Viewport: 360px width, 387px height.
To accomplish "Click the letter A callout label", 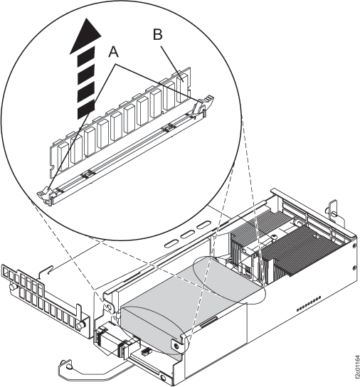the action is click(114, 52).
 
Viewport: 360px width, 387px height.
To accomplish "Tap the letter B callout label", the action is click(158, 34).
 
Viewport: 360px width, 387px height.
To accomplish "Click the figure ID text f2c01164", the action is click(357, 369).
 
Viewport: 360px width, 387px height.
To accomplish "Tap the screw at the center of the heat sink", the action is click(274, 237).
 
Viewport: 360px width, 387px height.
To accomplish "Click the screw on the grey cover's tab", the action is click(176, 346).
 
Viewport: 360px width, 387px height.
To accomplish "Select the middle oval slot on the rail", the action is click(188, 234).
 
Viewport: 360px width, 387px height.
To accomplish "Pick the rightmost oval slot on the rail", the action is click(204, 225).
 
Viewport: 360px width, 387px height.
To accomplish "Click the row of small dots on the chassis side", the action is click(309, 303).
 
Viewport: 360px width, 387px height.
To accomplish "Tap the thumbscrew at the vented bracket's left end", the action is click(13, 287).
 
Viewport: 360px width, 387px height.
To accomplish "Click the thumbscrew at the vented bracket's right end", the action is click(80, 325).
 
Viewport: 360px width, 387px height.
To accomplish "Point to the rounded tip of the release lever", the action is click(65, 365).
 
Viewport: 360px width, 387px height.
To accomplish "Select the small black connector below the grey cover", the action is click(146, 351).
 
